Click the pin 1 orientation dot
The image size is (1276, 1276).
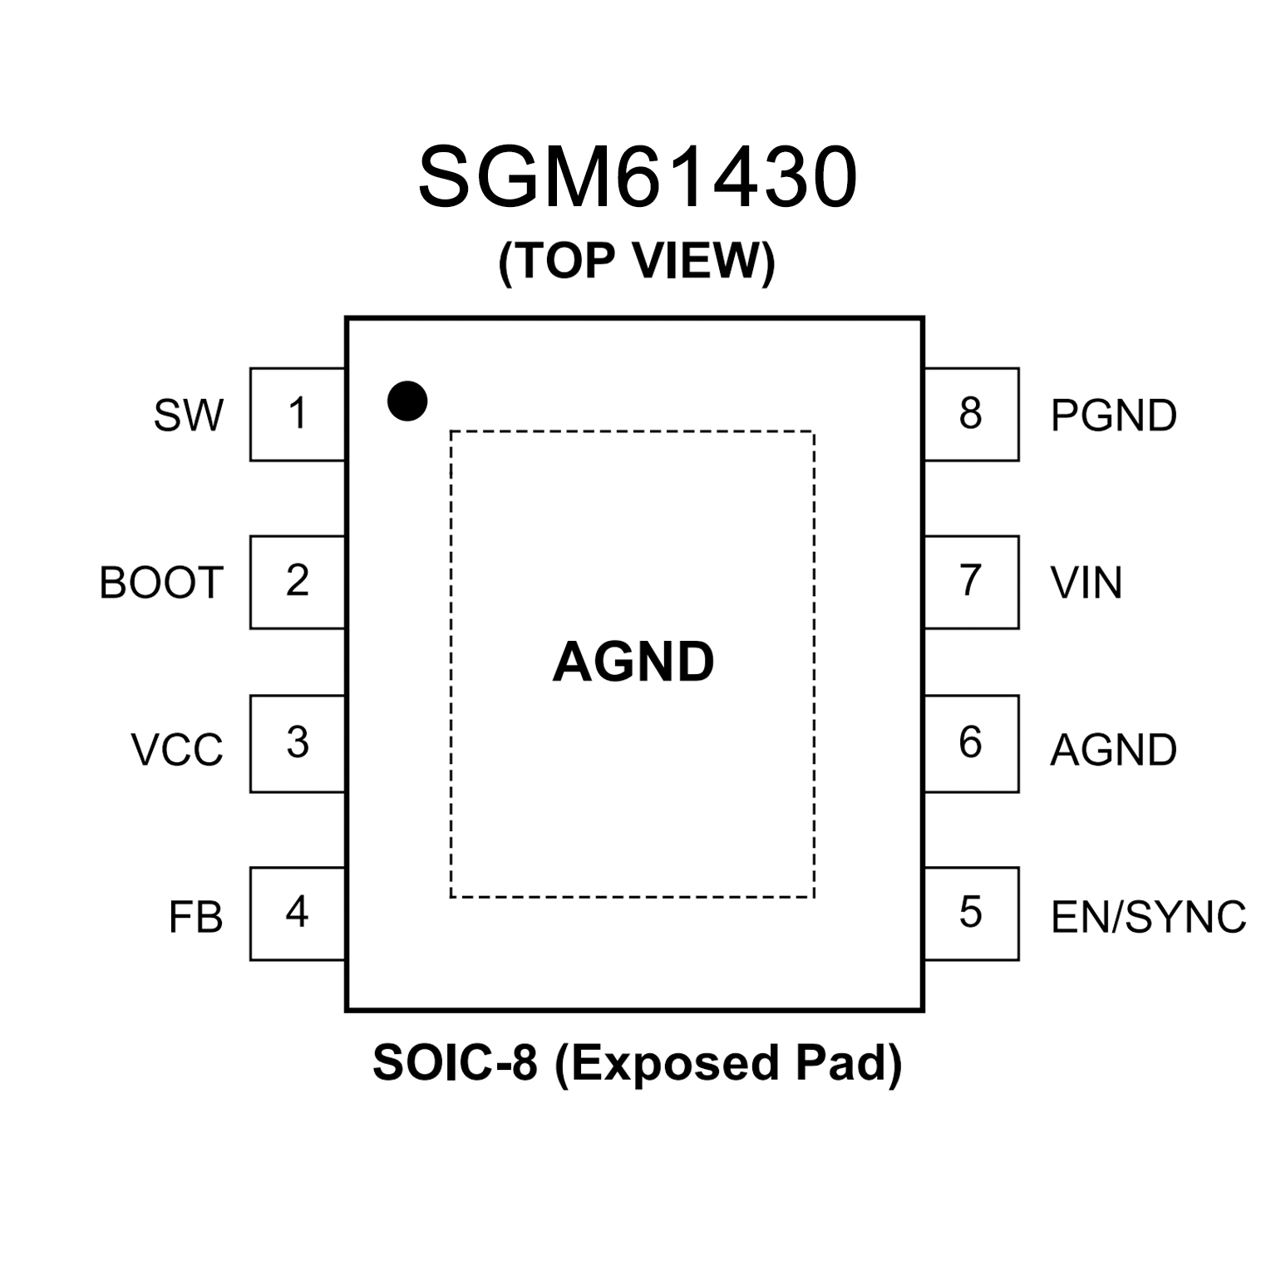coord(407,402)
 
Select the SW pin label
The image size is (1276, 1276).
coord(189,415)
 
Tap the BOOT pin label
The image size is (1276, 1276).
coord(161,583)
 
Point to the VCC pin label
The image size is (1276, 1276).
coord(177,749)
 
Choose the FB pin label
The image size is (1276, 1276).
coord(196,918)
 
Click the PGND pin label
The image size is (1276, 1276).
coord(1114,415)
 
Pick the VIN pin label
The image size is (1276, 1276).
coord(1086,583)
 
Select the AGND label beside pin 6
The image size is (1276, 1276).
coord(1114,750)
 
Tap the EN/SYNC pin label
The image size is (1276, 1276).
coord(1149,918)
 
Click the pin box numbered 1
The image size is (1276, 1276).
coord(298,414)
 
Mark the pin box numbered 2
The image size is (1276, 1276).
coord(298,582)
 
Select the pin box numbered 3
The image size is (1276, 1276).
coord(298,743)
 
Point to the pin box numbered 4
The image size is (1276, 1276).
coord(298,914)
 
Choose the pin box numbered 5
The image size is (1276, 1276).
coord(971,914)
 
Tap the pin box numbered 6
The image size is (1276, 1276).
coord(971,743)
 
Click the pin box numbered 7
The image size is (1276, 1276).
coord(971,582)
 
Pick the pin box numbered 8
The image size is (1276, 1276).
coord(971,414)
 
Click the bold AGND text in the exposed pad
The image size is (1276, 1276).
coord(633,663)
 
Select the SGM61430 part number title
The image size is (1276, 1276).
coord(638,178)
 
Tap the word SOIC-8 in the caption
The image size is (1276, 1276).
coord(455,1062)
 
